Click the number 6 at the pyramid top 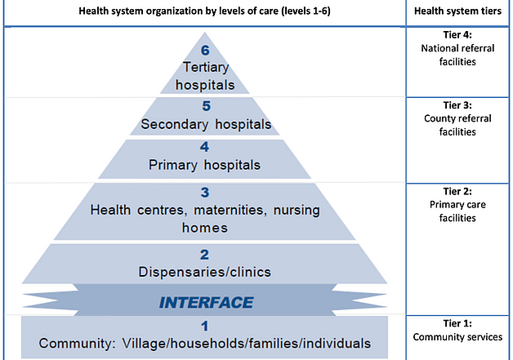click(205, 50)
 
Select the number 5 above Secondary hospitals click(206, 106)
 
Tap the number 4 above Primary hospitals click(204, 147)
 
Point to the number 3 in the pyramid click(205, 193)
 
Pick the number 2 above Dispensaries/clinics click(204, 255)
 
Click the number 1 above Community click(204, 326)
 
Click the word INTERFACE click(206, 303)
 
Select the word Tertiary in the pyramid click(206, 68)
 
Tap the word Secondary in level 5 click(175, 125)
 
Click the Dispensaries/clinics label click(204, 272)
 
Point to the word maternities click(229, 210)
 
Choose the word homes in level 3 click(205, 228)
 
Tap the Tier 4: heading click(457, 34)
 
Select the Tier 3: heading click(457, 105)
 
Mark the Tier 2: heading click(457, 191)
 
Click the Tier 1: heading click(457, 323)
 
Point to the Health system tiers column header click(457, 11)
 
